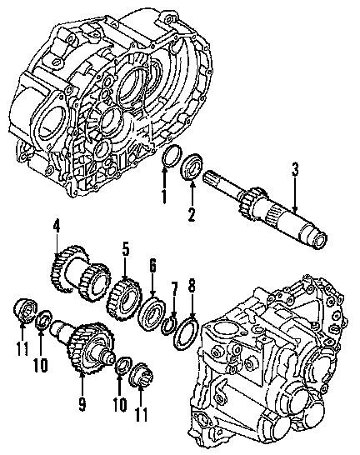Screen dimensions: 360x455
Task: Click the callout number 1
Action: pyautogui.click(x=164, y=197)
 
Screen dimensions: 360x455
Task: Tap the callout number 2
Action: pyautogui.click(x=192, y=215)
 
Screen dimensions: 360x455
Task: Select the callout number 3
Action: pyautogui.click(x=295, y=169)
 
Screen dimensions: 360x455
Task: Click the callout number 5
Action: pyautogui.click(x=125, y=249)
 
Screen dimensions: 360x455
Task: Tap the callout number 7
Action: pyautogui.click(x=174, y=288)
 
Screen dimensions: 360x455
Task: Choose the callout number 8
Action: pyautogui.click(x=192, y=285)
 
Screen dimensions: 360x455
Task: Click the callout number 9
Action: pyautogui.click(x=82, y=404)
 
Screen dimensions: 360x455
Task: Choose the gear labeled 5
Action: pyautogui.click(x=124, y=298)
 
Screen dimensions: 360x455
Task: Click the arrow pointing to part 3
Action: pyautogui.click(x=295, y=194)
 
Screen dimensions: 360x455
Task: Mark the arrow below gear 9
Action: pyautogui.click(x=82, y=383)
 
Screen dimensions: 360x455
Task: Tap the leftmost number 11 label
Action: pyautogui.click(x=22, y=348)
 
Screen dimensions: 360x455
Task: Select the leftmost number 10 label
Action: pyautogui.click(x=40, y=365)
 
